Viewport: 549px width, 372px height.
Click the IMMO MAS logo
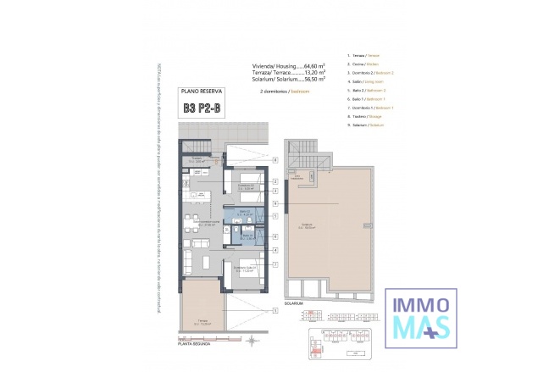point(422,316)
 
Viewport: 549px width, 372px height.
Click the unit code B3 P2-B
point(202,108)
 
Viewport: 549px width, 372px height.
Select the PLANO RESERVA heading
point(202,90)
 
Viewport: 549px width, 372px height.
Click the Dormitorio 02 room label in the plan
point(246,186)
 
